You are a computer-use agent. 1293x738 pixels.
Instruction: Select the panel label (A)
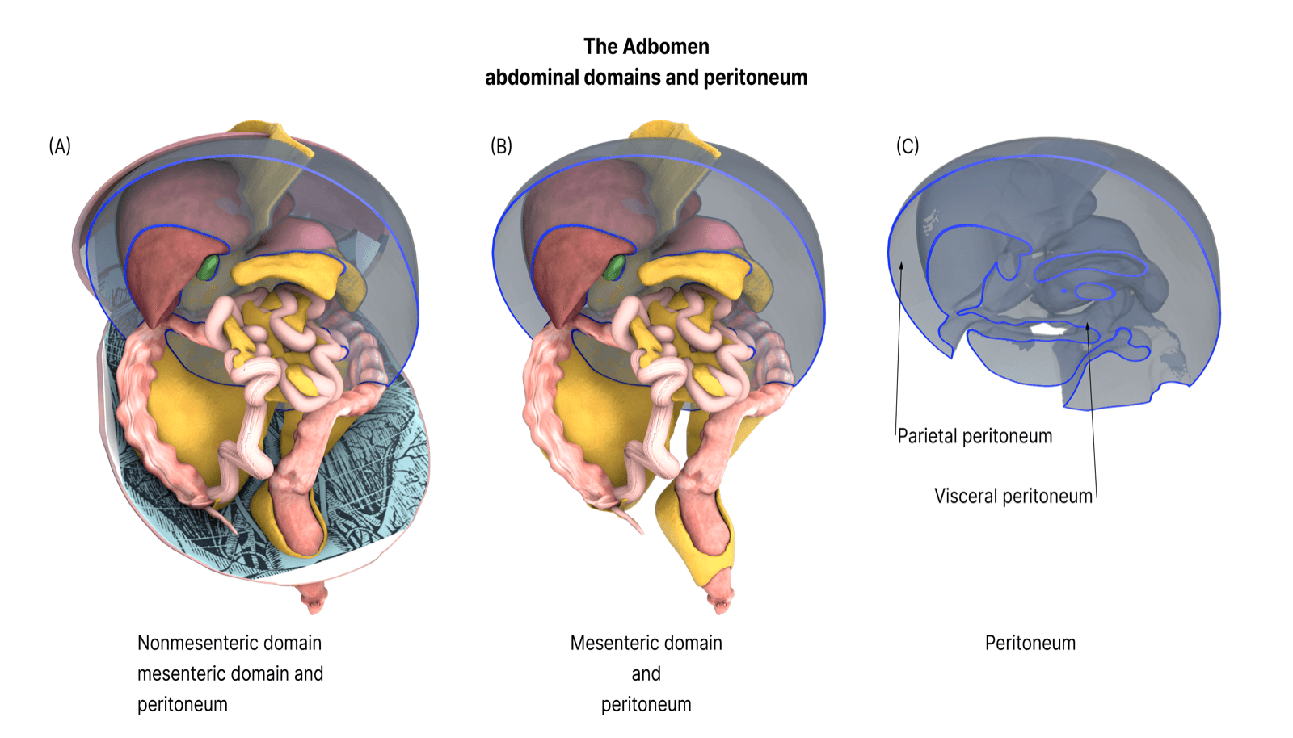coord(60,146)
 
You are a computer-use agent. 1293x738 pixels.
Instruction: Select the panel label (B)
coord(501,146)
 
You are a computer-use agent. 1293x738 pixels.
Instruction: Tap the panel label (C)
coord(908,146)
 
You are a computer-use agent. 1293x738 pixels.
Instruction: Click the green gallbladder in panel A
coord(209,267)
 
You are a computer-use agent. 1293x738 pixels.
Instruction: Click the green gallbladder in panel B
coord(617,267)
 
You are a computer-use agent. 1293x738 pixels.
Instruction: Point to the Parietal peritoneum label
coord(975,436)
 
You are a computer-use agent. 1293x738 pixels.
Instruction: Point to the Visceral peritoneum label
coord(1013,496)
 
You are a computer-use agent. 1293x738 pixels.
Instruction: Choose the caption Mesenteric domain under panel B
coord(646,643)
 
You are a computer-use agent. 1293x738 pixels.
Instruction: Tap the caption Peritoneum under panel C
coord(1030,643)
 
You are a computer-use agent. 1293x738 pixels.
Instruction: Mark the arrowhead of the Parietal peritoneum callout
coord(902,265)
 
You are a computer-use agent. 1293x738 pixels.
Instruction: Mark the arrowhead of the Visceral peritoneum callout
coord(1088,327)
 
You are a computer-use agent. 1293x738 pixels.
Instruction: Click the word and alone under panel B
coord(646,673)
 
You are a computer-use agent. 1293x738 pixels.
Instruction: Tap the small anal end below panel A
coord(313,599)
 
